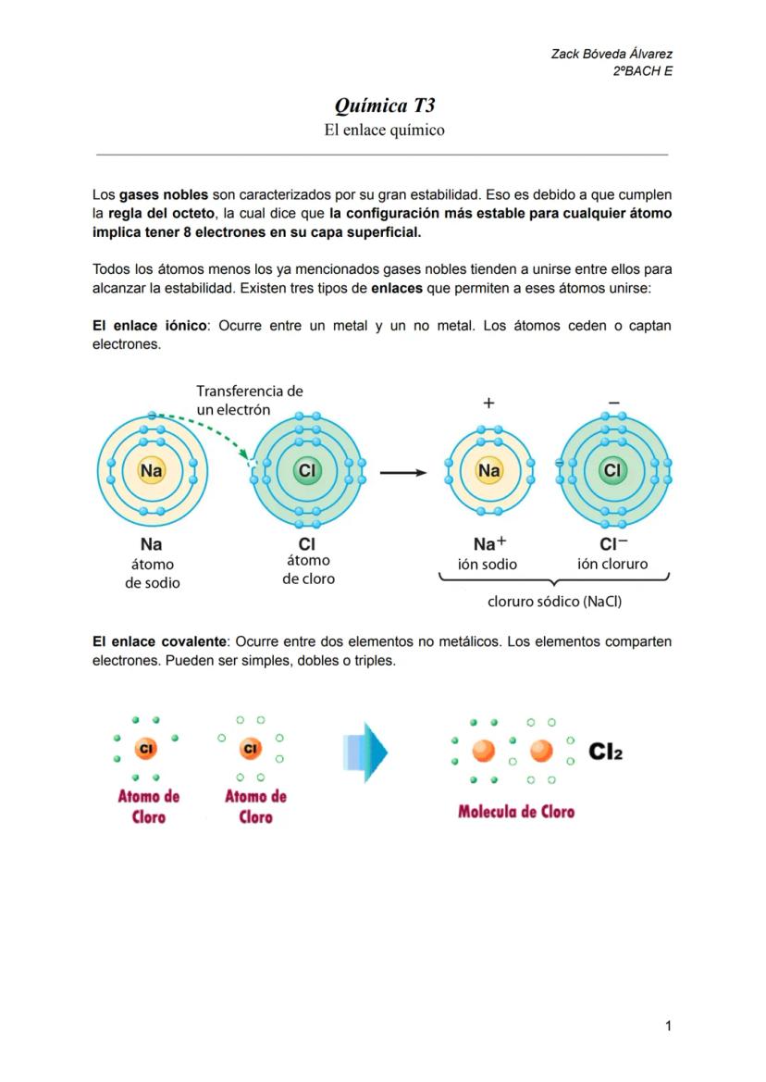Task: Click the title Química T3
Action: [384, 106]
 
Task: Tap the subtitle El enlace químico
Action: [384, 130]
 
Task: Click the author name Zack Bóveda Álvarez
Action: [612, 55]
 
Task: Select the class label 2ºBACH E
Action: [642, 71]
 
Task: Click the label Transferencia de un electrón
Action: [249, 400]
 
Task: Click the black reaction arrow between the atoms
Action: [404, 472]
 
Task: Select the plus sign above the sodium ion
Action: [488, 403]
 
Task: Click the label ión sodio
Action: [488, 564]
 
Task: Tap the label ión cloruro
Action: [612, 564]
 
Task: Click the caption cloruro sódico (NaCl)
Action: [554, 602]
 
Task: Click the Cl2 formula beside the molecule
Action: [606, 752]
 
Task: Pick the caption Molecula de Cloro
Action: [516, 812]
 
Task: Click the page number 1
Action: [668, 1025]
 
